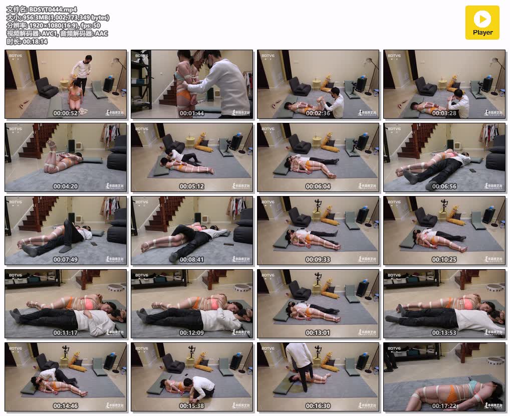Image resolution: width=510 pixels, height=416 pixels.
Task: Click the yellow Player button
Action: coord(482,23)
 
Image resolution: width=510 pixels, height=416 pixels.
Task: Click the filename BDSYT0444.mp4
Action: coord(49,9)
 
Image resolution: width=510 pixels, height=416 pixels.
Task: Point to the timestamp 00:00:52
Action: coord(66,113)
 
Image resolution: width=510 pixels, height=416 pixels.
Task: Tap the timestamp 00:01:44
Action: coord(192,113)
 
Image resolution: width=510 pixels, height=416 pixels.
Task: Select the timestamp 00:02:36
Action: coord(318,113)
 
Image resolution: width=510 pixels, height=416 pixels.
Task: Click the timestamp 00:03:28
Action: coord(444,113)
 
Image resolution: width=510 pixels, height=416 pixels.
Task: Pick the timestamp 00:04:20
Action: coord(66,186)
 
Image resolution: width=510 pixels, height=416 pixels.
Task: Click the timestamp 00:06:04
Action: coord(318,186)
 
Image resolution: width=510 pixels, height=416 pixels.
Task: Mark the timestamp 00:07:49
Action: coord(66,260)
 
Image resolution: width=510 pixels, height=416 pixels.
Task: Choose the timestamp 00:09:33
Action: coord(318,260)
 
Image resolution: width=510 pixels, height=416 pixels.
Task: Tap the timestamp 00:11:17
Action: coord(66,333)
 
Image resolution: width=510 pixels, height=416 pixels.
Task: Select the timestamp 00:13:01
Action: coord(318,333)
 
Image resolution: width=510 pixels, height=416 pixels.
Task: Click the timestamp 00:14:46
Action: coord(66,406)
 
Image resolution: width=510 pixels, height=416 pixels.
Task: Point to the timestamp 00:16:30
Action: coord(318,406)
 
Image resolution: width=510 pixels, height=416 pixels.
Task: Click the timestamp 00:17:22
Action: coord(444,406)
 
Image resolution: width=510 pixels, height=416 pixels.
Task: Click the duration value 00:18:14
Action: coord(35,42)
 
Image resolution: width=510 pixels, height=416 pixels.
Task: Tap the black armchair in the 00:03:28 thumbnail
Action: coord(426,87)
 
